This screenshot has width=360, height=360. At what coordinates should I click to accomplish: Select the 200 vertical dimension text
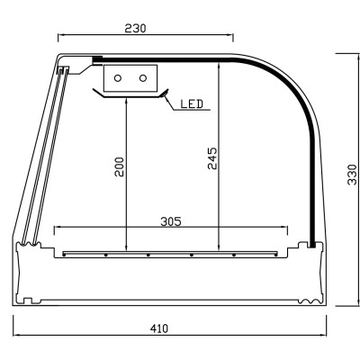pyautogui.click(x=119, y=167)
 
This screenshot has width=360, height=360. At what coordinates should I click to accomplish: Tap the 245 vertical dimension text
pyautogui.click(x=212, y=163)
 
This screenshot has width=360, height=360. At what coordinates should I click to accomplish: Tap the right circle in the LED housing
pyautogui.click(x=142, y=78)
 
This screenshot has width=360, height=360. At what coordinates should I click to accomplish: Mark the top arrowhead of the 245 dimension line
pyautogui.click(x=220, y=65)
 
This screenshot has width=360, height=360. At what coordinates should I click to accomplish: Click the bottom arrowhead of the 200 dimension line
pyautogui.click(x=126, y=249)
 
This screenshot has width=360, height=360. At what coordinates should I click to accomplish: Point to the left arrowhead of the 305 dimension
pyautogui.click(x=58, y=227)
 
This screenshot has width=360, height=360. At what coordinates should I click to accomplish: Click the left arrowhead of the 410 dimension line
pyautogui.click(x=16, y=336)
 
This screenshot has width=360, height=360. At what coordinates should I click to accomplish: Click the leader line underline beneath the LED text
pyautogui.click(x=193, y=110)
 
